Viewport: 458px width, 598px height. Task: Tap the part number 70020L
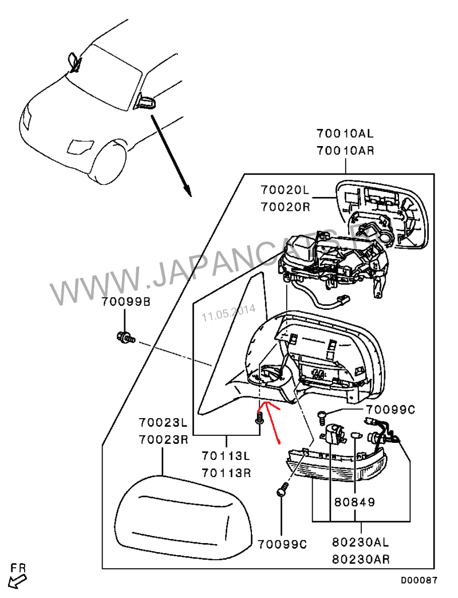(x=285, y=189)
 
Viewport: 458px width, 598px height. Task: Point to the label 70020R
(x=285, y=206)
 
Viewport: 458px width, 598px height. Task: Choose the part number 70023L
(x=163, y=423)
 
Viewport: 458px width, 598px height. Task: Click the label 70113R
(x=226, y=473)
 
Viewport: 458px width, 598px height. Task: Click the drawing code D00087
(x=418, y=580)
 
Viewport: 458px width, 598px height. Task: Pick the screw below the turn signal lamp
(x=283, y=490)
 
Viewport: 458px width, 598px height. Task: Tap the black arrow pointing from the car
(x=171, y=155)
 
